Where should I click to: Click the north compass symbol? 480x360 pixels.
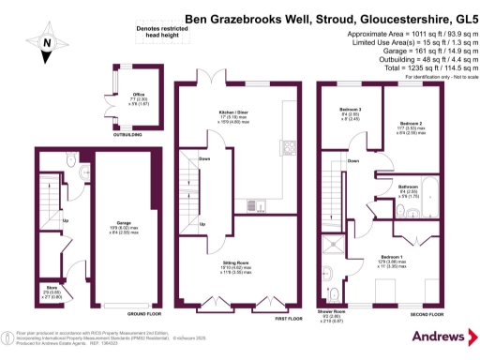pos(47,42)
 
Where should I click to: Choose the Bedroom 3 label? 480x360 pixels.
pos(351,111)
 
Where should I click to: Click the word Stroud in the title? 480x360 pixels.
pos(295,16)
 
